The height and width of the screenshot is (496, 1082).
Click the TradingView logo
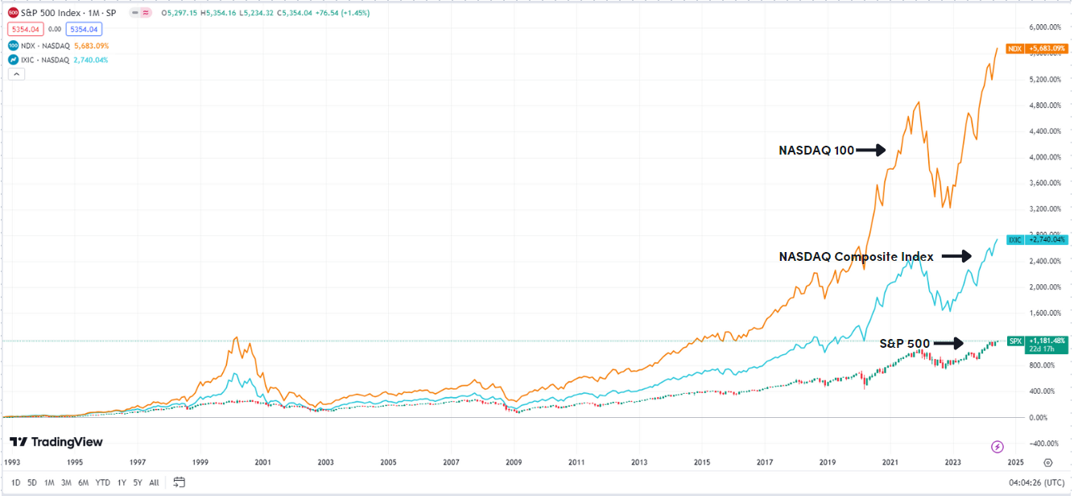(56, 442)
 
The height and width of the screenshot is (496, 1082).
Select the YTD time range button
(102, 482)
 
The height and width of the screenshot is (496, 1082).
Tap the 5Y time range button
(137, 482)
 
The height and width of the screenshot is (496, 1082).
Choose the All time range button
(154, 482)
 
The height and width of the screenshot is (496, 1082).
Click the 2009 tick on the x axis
(514, 463)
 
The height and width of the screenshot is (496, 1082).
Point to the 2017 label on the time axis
(764, 463)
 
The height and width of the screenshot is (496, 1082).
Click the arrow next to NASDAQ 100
(870, 150)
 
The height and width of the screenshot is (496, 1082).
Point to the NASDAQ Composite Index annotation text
(856, 257)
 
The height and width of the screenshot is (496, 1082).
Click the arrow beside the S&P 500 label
(948, 344)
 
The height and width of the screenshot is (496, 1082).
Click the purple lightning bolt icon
(997, 446)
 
